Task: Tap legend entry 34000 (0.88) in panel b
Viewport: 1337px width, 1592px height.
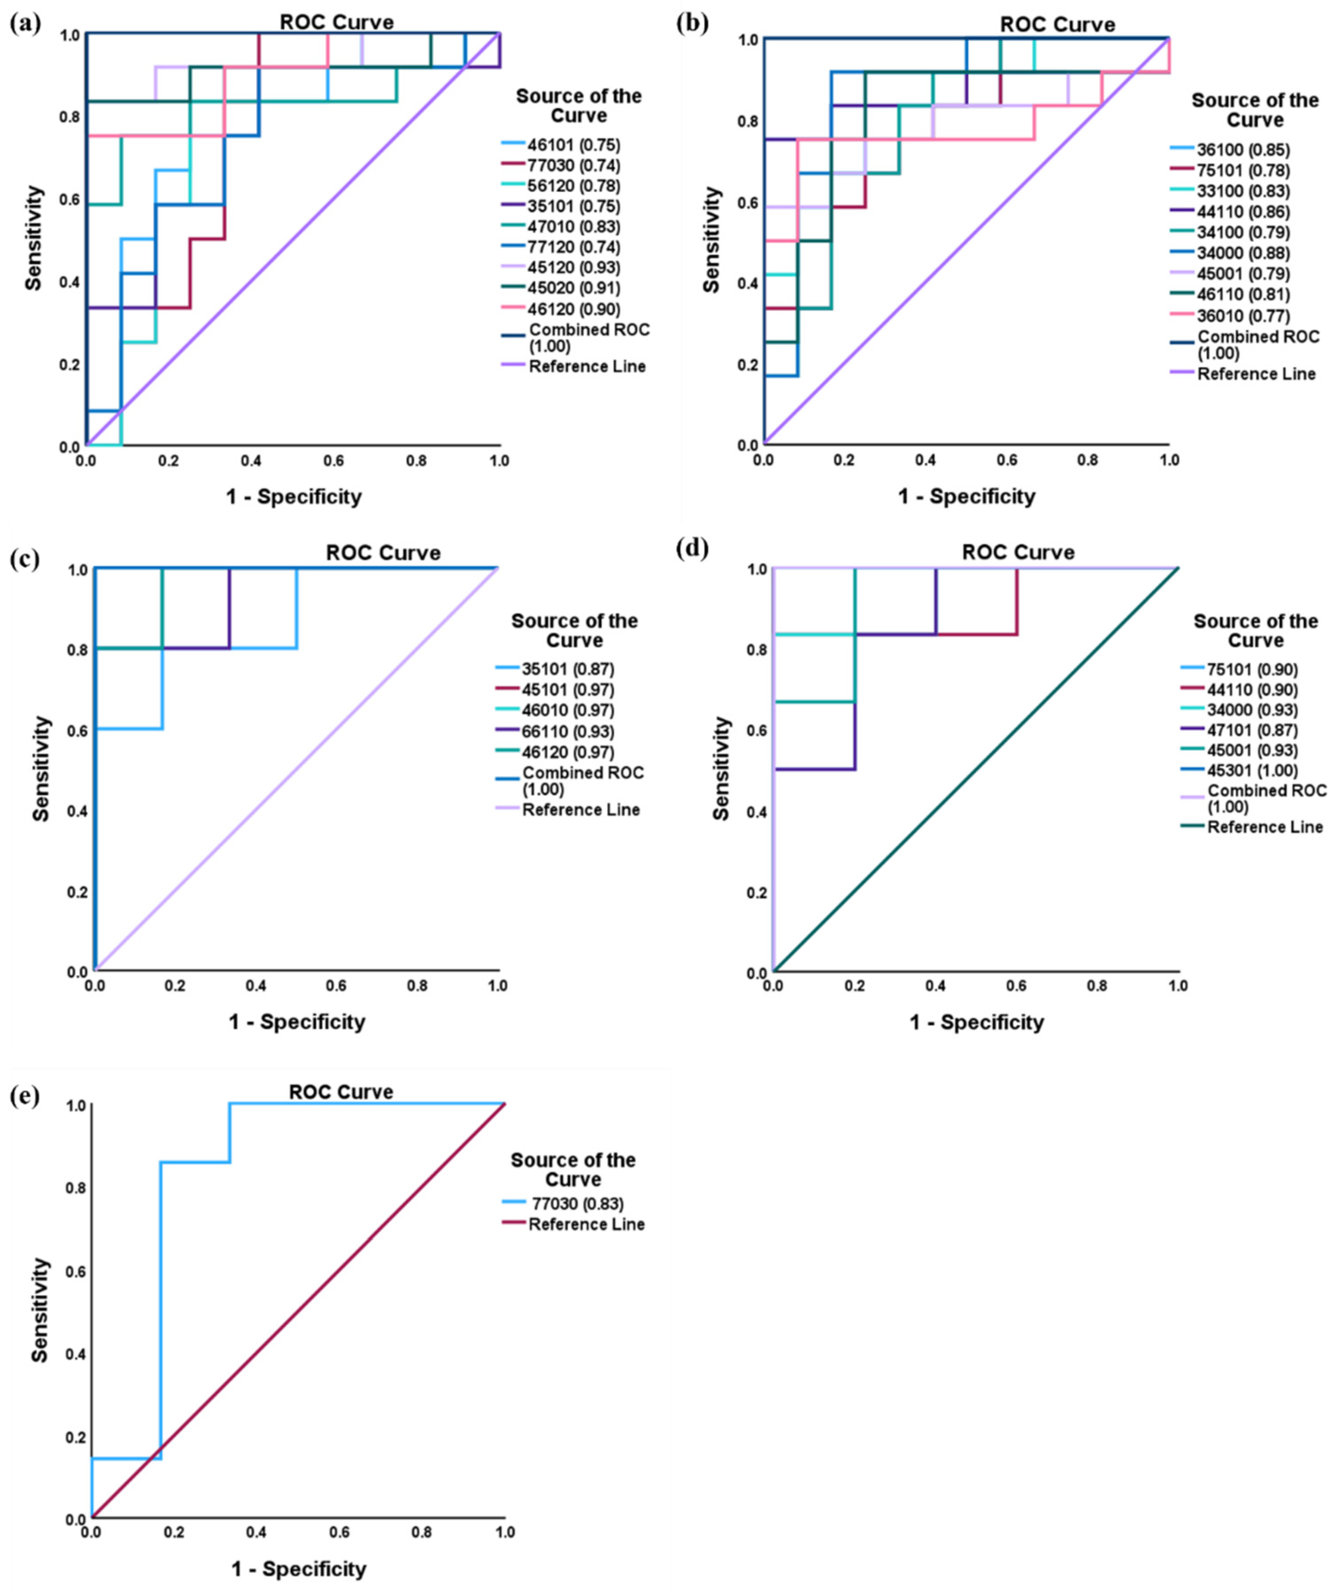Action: tap(1243, 253)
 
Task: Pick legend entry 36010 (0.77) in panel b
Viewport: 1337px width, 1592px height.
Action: tap(1243, 315)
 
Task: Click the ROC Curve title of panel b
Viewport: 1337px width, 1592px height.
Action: tap(1058, 25)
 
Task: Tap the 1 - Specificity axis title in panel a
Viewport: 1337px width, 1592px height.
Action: tap(294, 497)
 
